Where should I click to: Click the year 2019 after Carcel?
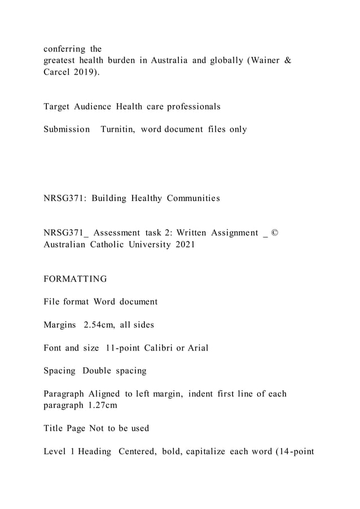click(x=84, y=73)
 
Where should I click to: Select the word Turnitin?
click(x=118, y=129)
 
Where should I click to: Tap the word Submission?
click(x=67, y=129)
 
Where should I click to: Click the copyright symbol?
click(x=275, y=232)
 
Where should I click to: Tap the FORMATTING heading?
click(x=75, y=279)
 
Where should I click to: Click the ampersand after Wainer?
click(x=287, y=61)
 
